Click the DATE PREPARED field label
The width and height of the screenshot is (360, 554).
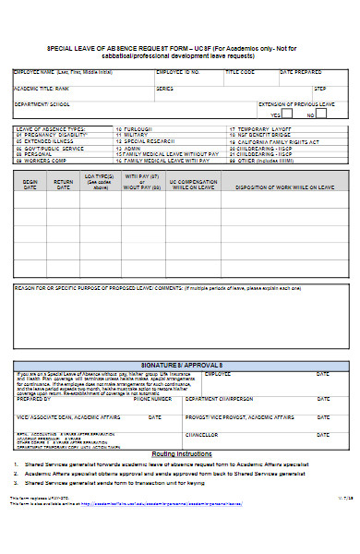[300, 72]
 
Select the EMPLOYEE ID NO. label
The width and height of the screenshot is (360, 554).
[177, 72]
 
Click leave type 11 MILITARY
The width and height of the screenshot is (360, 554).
[132, 135]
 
